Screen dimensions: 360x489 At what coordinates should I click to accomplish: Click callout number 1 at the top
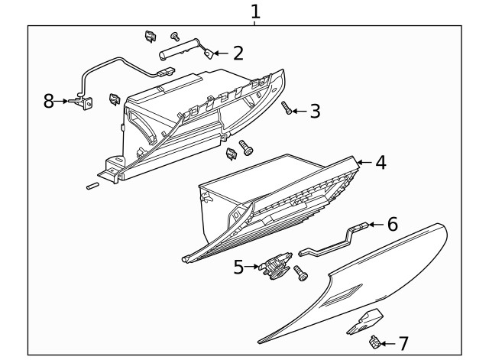point(255,11)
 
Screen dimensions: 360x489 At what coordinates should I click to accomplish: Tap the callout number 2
point(238,53)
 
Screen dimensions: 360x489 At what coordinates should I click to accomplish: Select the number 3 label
point(314,112)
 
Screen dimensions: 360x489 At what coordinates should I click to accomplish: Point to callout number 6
point(392,224)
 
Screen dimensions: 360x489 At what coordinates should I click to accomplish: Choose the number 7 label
point(403,345)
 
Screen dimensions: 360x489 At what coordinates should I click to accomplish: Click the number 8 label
point(49,101)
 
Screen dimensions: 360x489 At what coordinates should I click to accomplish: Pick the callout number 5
point(238,267)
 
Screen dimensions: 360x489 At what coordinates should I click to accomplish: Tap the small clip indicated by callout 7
point(375,342)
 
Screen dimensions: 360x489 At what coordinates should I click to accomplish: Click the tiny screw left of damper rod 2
point(174,36)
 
